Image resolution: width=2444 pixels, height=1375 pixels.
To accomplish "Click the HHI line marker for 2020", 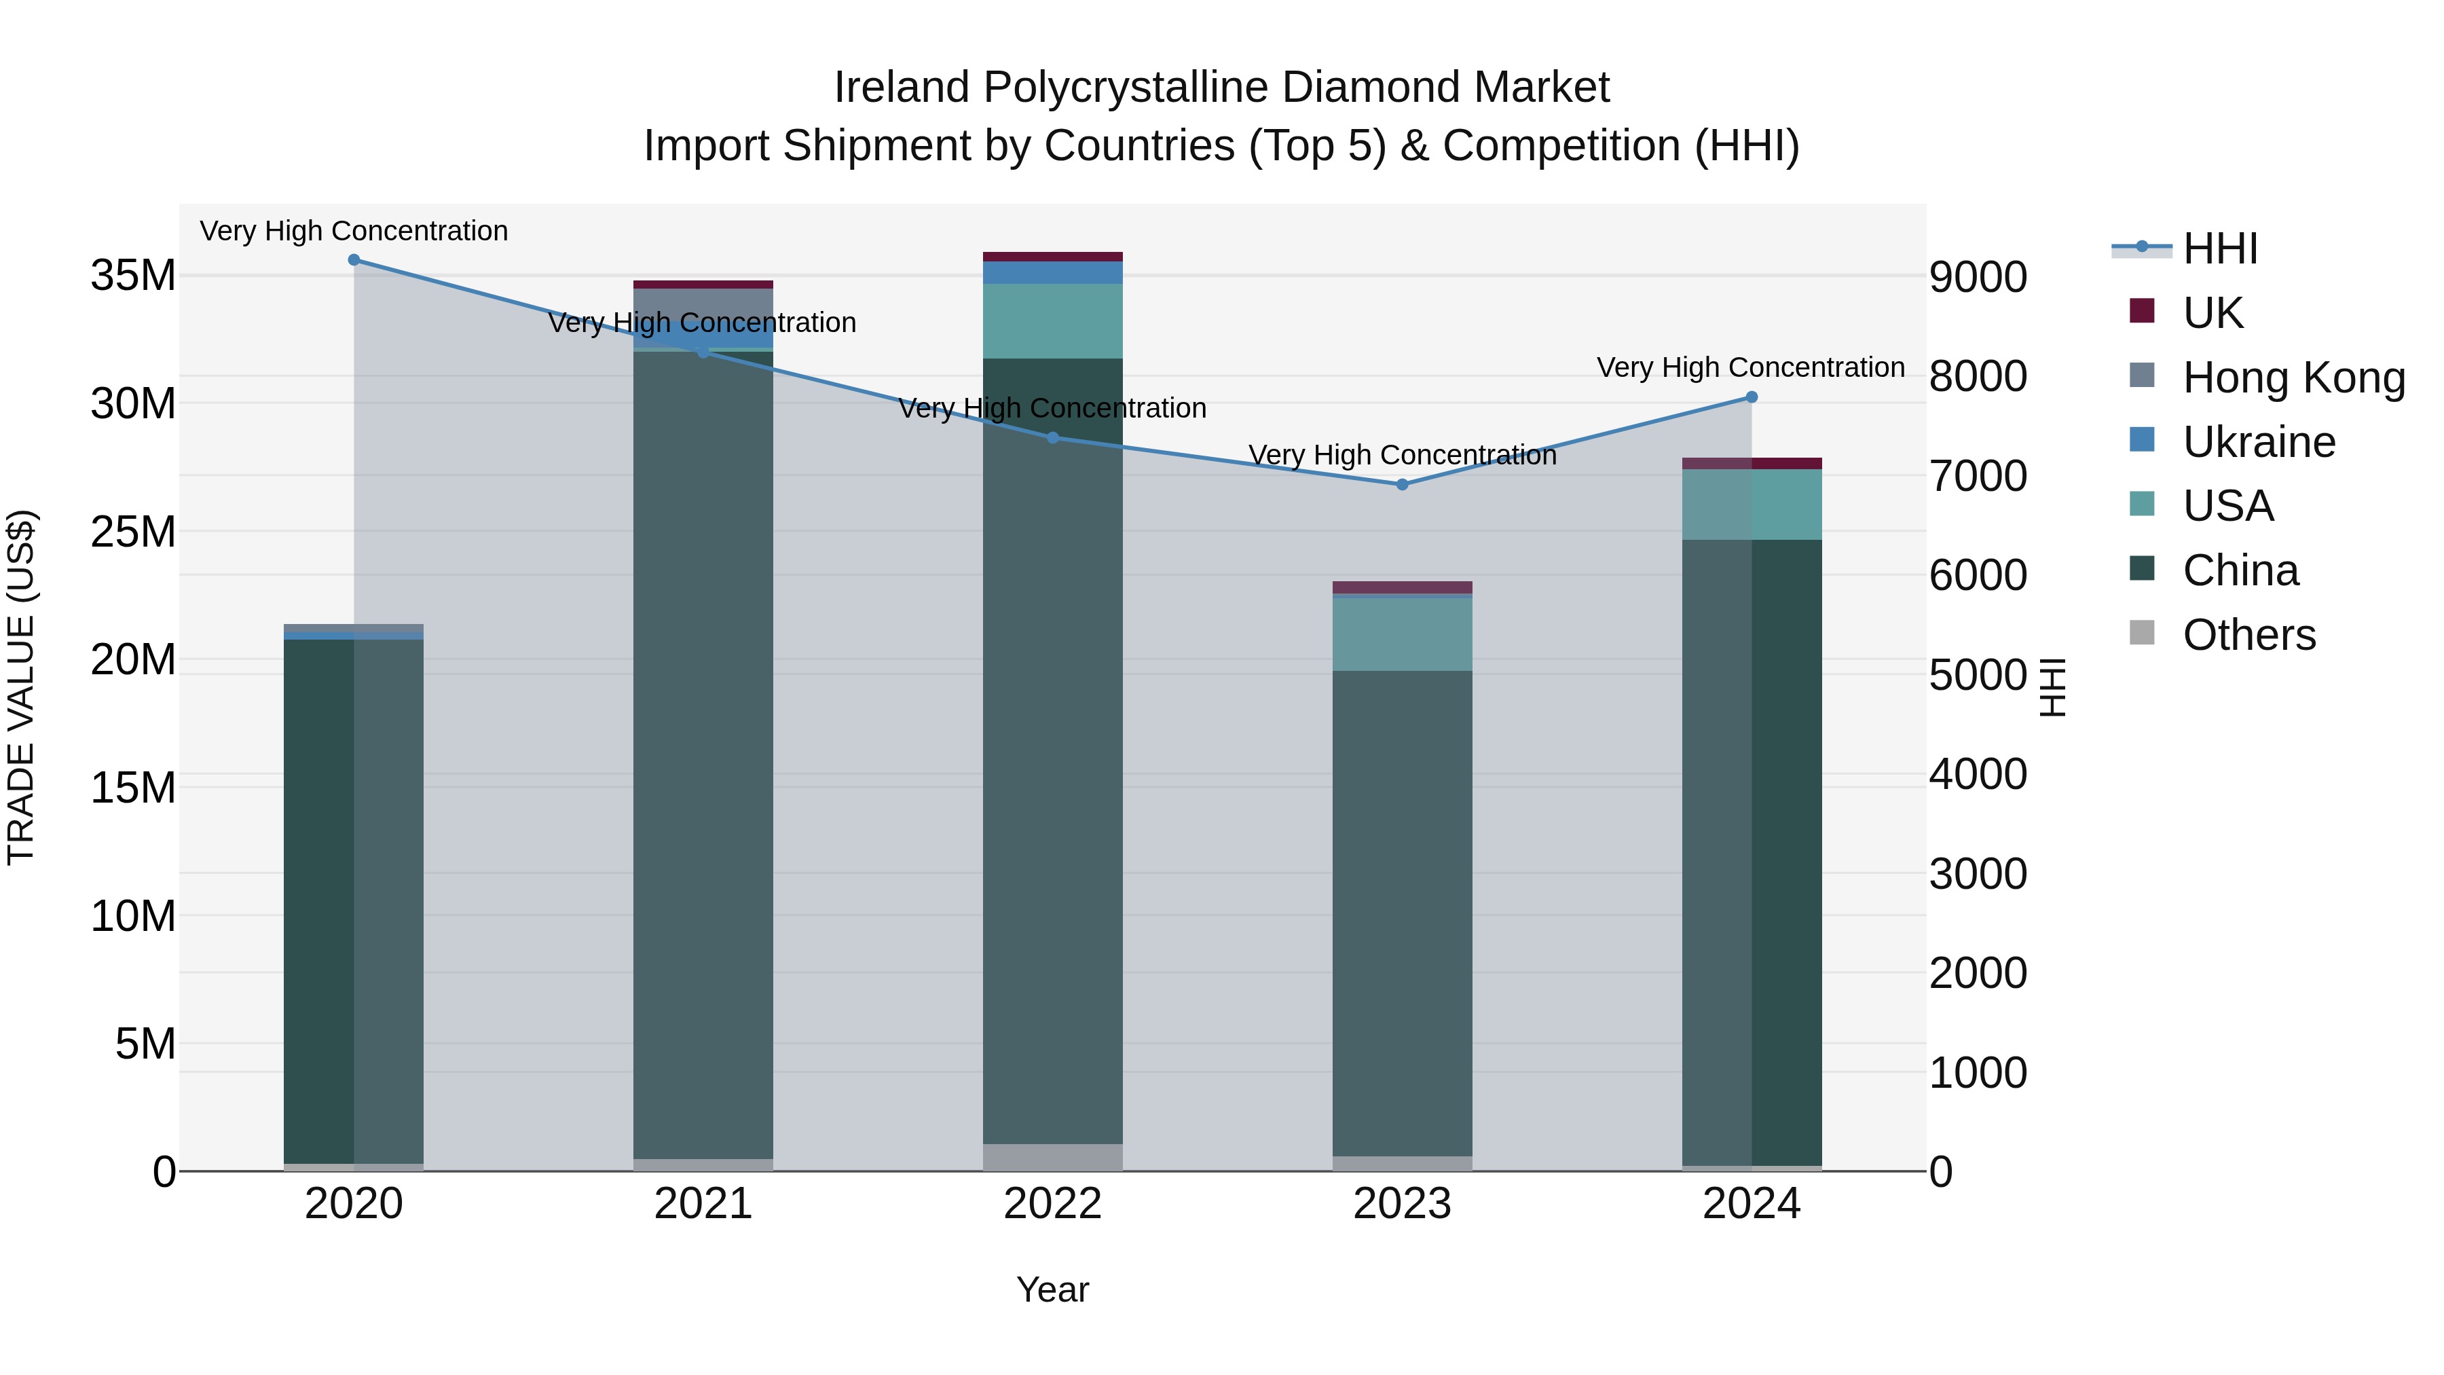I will [x=354, y=260].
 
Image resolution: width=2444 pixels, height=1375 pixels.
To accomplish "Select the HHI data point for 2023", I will [x=1403, y=485].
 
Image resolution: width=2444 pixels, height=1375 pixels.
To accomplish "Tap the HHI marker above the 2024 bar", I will [x=1752, y=398].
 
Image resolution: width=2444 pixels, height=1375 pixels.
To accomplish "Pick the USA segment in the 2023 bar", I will [x=1403, y=634].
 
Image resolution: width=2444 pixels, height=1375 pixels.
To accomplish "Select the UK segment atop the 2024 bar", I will [x=1752, y=464].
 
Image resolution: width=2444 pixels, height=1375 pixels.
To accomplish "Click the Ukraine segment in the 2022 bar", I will [x=1052, y=273].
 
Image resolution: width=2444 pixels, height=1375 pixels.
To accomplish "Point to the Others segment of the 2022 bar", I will [x=1052, y=1158].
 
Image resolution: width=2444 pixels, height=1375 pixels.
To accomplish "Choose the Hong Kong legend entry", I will [x=2294, y=378].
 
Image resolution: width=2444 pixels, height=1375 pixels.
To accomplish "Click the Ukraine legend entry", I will [x=2259, y=442].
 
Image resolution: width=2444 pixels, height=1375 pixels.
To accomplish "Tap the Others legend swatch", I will [x=2141, y=633].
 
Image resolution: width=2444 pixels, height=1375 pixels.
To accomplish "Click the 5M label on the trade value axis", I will [x=145, y=1044].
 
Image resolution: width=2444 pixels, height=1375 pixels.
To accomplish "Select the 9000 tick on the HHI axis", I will [x=1978, y=277].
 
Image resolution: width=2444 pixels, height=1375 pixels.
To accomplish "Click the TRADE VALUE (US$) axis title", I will [x=21, y=687].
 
